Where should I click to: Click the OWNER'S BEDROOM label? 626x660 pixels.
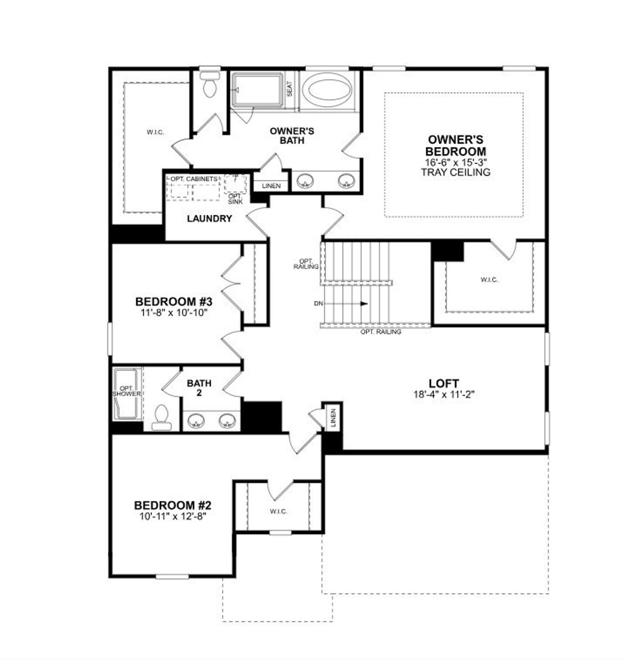(x=455, y=146)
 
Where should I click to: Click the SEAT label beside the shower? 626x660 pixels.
(x=290, y=88)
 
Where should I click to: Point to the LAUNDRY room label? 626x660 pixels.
(x=209, y=218)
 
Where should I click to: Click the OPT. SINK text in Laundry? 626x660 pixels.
(x=235, y=198)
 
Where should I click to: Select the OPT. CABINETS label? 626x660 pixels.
(x=194, y=179)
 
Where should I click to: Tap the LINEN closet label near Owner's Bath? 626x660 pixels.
(x=271, y=186)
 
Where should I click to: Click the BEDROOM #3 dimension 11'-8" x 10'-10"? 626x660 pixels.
(x=173, y=312)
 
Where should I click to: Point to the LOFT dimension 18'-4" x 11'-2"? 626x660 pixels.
(x=444, y=394)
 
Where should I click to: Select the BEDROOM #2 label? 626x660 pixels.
(x=173, y=505)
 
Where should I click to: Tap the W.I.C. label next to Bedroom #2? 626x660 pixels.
(x=278, y=511)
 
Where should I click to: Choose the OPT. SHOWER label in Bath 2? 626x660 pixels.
(x=127, y=391)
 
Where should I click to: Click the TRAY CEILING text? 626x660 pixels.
(x=455, y=172)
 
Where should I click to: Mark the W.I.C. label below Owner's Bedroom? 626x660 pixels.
(x=489, y=279)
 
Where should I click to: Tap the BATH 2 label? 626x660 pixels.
(x=199, y=387)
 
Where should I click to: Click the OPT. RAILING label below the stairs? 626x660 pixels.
(x=380, y=332)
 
